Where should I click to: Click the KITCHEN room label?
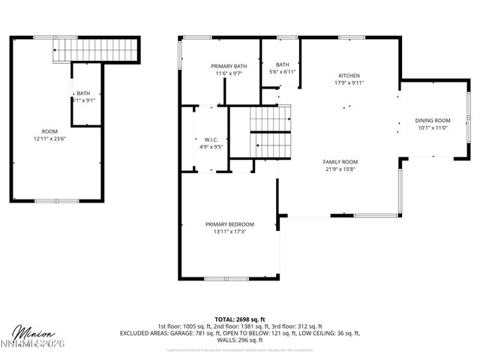point(349,76)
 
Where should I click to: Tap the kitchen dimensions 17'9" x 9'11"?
point(349,83)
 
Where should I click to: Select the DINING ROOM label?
point(433,121)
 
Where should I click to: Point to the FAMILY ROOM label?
point(340,162)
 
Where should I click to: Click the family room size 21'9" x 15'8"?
point(340,169)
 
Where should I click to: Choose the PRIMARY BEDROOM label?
point(229,224)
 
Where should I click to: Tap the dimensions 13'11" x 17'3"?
point(229,232)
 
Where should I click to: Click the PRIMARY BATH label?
point(228,66)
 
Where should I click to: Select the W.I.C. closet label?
point(211,139)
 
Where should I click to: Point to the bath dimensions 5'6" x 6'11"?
point(283,71)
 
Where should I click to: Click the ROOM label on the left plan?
point(49,131)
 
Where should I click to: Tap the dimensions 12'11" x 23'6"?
point(49,139)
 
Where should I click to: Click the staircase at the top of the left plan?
point(96,49)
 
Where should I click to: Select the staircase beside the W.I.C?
point(270,131)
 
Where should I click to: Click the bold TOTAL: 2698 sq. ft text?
point(240,319)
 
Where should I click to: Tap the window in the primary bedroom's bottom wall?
point(226,278)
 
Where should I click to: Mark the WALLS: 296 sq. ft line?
point(240,340)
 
